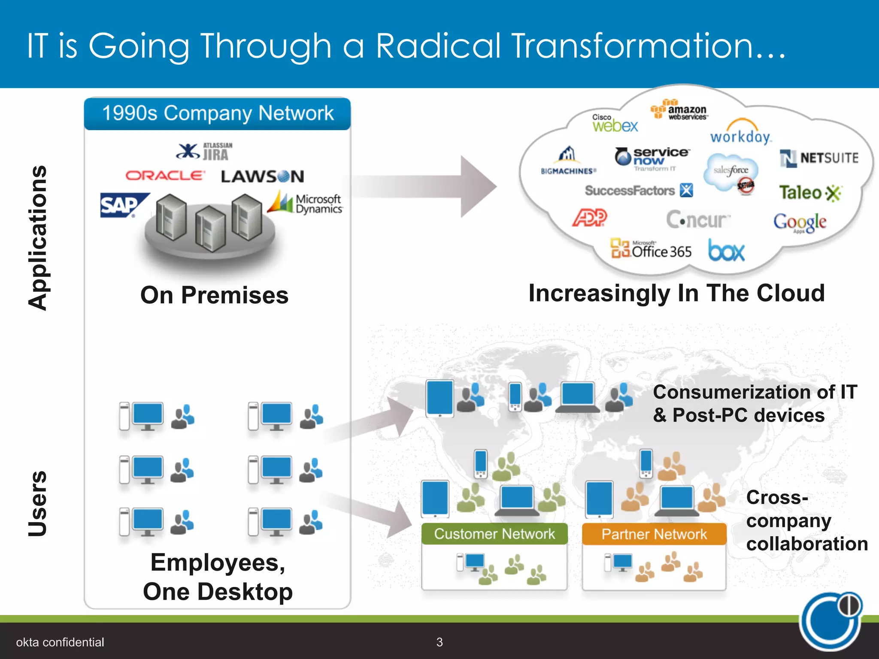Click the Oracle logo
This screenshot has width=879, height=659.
pyautogui.click(x=165, y=175)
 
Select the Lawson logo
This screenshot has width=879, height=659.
pyautogui.click(x=262, y=176)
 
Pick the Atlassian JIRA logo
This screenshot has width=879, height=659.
pyautogui.click(x=205, y=151)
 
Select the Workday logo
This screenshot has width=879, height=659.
pyautogui.click(x=740, y=133)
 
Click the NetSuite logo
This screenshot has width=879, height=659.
pyautogui.click(x=819, y=158)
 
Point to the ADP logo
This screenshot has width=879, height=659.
pyautogui.click(x=590, y=218)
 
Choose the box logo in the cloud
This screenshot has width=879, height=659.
pyautogui.click(x=726, y=251)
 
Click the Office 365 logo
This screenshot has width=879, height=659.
pyautogui.click(x=651, y=249)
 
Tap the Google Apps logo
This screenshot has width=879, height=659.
pyautogui.click(x=800, y=222)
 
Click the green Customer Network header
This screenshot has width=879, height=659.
pyautogui.click(x=494, y=534)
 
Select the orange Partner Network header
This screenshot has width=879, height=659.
pyautogui.click(x=654, y=534)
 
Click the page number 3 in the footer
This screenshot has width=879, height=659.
pyautogui.click(x=439, y=642)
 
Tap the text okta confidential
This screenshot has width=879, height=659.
pyautogui.click(x=60, y=642)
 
